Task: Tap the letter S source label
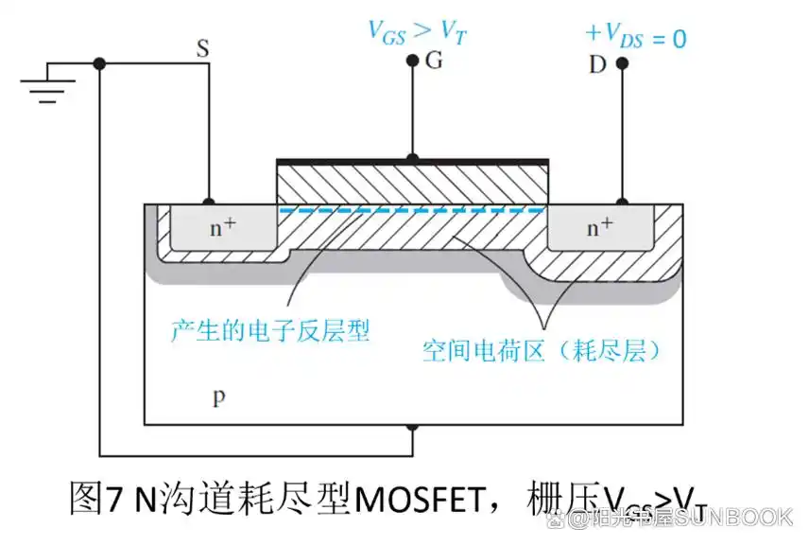pyautogui.click(x=202, y=48)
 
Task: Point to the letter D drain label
pyautogui.click(x=597, y=64)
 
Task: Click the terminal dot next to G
pyautogui.click(x=412, y=62)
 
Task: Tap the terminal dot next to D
pyautogui.click(x=622, y=63)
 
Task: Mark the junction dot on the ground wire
pyautogui.click(x=99, y=64)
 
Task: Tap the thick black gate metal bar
pyautogui.click(x=411, y=161)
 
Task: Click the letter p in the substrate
pyautogui.click(x=218, y=396)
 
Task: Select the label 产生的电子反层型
pyautogui.click(x=269, y=330)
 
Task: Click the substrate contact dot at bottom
pyautogui.click(x=412, y=428)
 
